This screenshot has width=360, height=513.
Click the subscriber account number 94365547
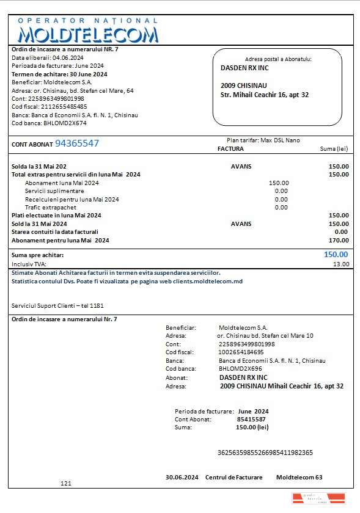[x=77, y=144]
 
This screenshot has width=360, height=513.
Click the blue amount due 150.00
[x=336, y=255]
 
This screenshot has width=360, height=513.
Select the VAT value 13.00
[x=340, y=264]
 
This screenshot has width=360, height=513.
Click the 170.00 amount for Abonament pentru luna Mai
[x=339, y=240]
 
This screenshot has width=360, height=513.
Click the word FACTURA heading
[x=230, y=148]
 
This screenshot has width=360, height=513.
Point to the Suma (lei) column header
[x=334, y=148]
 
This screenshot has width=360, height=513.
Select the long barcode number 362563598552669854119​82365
[x=265, y=453]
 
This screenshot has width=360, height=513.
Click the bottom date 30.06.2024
[x=182, y=477]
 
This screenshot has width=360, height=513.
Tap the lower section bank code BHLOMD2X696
[x=240, y=369]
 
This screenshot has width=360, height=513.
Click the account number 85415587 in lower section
[x=251, y=420]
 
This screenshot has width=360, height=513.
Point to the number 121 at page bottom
[x=66, y=484]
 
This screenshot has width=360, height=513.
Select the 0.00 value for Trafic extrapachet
[x=281, y=207]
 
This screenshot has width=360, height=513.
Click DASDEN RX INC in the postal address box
[x=244, y=68]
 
